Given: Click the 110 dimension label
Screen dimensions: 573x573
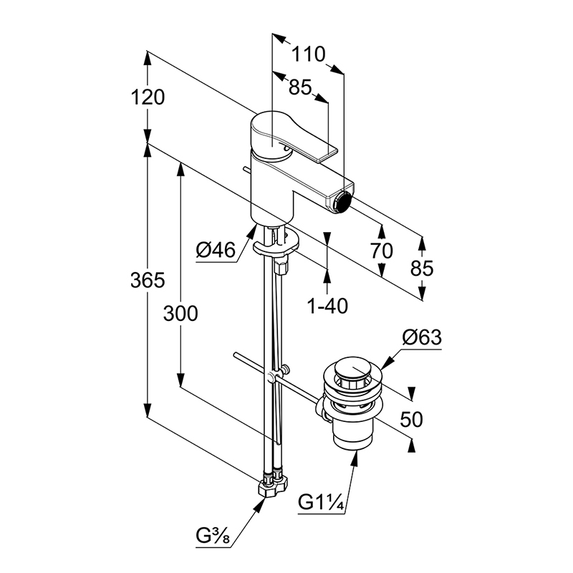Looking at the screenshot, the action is pos(308,54).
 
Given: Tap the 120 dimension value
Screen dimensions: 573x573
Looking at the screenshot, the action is pos(148,97).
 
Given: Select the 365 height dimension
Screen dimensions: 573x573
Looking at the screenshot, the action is pos(148,280).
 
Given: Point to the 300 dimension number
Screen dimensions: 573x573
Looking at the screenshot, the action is pos(180,314).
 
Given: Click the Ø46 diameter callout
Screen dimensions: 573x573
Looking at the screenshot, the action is pos(216,251).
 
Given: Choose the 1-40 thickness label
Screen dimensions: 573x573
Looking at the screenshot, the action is pos(327,306).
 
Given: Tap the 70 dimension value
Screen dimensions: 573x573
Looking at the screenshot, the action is pos(382,251).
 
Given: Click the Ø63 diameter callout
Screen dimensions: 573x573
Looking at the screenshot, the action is pos(422,337).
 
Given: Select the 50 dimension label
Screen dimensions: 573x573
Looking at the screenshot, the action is pos(411,419).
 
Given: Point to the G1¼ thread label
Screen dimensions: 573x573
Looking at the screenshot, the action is pos(321,502).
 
